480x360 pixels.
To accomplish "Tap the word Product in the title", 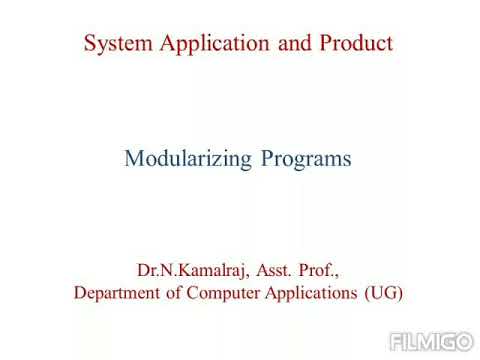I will point(357,44).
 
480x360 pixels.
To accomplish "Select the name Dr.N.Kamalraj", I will point(191,270).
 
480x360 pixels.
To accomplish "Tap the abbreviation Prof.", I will point(321,270).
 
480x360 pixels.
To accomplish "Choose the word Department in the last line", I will point(119,294).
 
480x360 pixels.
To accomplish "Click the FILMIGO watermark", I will point(431,340).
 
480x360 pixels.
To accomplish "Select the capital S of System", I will point(90,44).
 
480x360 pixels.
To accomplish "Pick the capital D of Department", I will point(80,294).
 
